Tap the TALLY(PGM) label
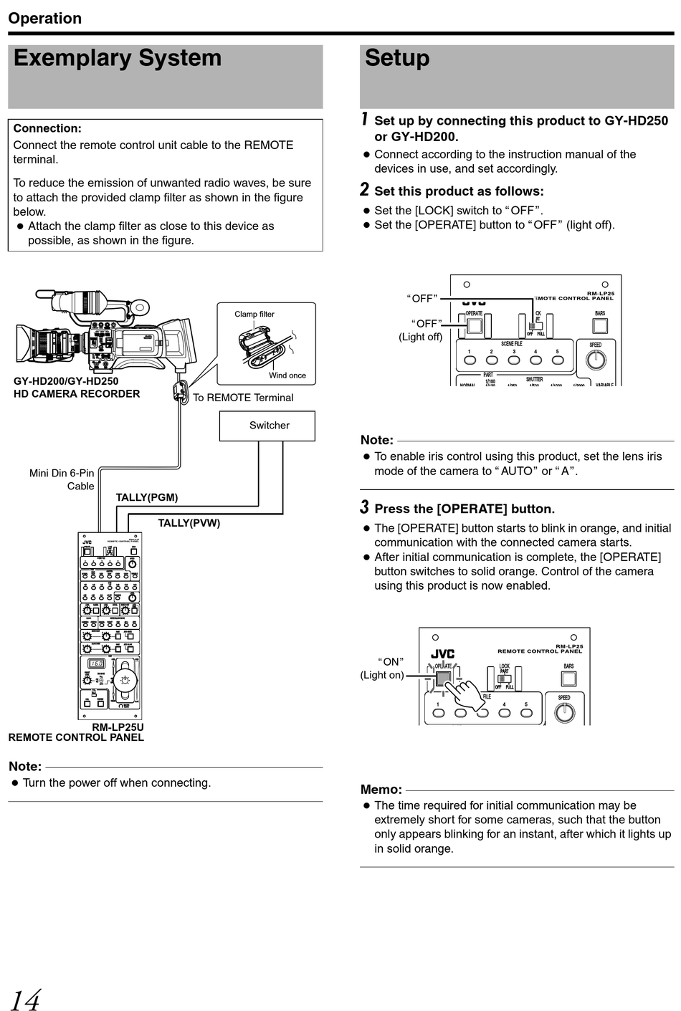point(147,497)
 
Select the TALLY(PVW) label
point(189,523)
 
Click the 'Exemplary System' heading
point(118,58)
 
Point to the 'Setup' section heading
point(397,58)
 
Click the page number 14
point(25,999)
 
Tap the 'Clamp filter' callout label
point(254,314)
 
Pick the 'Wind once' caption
point(287,375)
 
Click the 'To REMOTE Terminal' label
point(243,398)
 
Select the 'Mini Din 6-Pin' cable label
point(62,473)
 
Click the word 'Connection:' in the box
point(47,128)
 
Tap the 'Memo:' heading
point(381,790)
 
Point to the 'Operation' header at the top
point(45,18)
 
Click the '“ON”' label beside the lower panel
point(391,661)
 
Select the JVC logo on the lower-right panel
point(442,654)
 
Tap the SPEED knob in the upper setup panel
point(596,359)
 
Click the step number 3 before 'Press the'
point(364,507)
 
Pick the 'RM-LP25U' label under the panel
point(118,727)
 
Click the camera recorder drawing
point(108,330)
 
